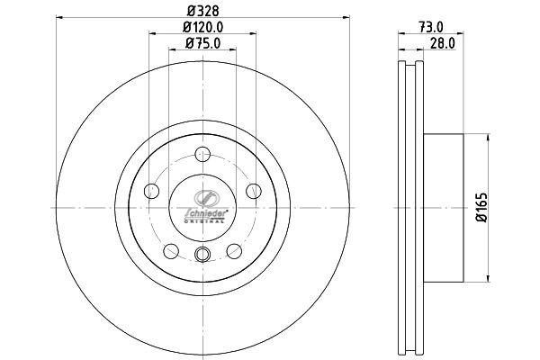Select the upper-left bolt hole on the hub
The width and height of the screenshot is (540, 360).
(152, 189)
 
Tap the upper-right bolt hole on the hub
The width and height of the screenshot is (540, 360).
(255, 189)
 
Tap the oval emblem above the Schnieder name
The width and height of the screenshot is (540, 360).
(203, 197)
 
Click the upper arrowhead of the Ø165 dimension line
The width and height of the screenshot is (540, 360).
(488, 137)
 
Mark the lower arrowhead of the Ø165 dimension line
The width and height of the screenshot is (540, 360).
(488, 279)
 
